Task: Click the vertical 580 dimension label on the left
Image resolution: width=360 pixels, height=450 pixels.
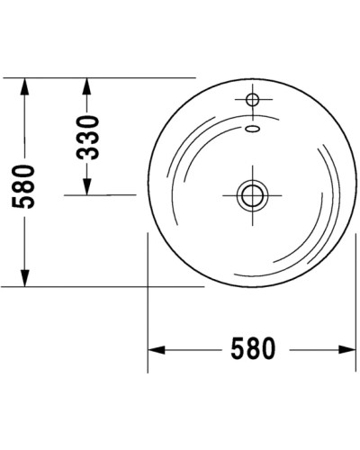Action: [x=25, y=184]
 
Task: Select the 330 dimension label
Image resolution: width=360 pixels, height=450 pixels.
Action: [x=88, y=136]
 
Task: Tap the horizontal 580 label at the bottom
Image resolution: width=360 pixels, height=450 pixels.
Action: [x=250, y=348]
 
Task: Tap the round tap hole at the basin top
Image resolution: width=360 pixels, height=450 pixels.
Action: [x=251, y=97]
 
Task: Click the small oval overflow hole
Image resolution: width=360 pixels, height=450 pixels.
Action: [x=253, y=128]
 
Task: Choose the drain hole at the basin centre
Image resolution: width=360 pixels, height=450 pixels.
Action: [x=250, y=193]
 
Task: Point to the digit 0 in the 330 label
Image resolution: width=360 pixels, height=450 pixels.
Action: [x=88, y=119]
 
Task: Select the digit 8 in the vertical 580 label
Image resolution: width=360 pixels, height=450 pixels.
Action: [x=25, y=184]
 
